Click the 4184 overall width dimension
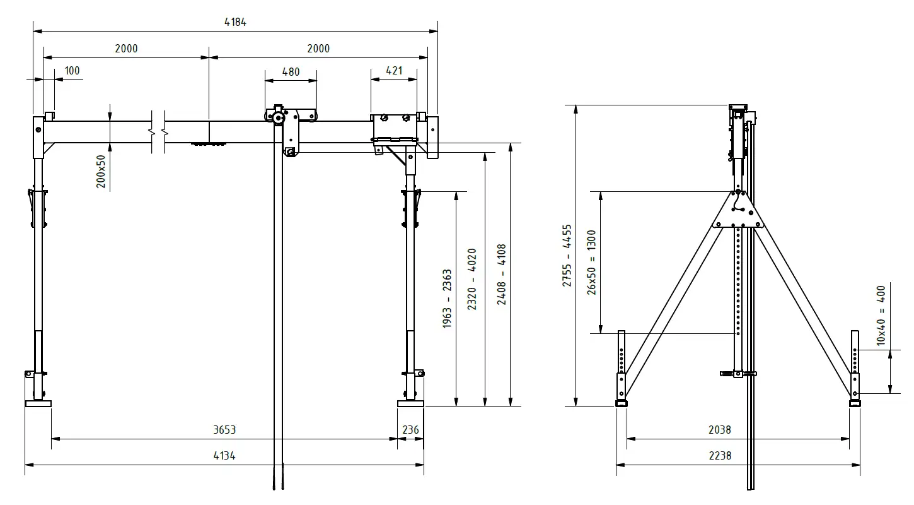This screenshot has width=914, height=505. coord(235,22)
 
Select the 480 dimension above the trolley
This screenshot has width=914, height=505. coord(291,72)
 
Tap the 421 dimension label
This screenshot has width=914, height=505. coord(393,71)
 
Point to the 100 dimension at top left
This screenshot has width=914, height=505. coord(72,71)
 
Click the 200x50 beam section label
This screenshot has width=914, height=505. coord(101,171)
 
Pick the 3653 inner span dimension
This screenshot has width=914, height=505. coord(224,430)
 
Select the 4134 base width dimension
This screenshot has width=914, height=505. coord(224,456)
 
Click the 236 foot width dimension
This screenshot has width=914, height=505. coord(410,430)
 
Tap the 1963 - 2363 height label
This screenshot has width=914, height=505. coord(448,299)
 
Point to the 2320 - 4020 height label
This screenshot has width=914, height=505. coord(472,280)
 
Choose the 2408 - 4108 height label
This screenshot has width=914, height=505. coord(502,275)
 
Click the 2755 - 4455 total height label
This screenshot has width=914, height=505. coord(567,256)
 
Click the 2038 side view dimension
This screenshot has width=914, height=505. coord(719,430)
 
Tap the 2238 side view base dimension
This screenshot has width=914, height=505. coord(719,455)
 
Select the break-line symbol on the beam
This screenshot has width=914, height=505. coord(158,133)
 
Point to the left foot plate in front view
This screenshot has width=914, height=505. coord(38,403)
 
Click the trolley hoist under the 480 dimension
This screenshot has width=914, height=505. coord(289,129)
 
